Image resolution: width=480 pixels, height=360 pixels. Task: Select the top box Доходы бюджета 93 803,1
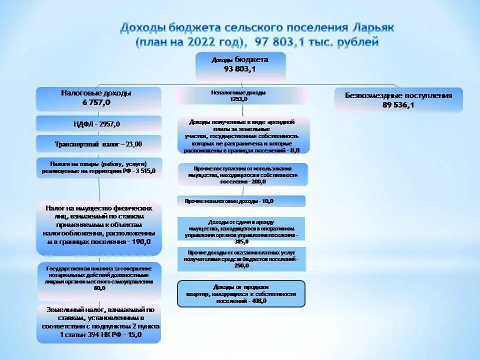pyautogui.click(x=240, y=65)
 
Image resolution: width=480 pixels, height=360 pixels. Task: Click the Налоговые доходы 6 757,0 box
pyautogui.click(x=98, y=98)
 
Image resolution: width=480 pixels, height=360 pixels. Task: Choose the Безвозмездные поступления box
pyautogui.click(x=398, y=100)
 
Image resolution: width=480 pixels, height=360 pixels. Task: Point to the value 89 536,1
pyautogui.click(x=398, y=105)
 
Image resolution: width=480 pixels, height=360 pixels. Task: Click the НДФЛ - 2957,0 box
pyautogui.click(x=98, y=124)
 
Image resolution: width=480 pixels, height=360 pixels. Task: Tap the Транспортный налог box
pyautogui.click(x=98, y=144)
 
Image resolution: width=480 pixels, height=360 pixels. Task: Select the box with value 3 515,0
pyautogui.click(x=98, y=167)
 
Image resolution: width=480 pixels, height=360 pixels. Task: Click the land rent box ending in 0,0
pyautogui.click(x=243, y=135)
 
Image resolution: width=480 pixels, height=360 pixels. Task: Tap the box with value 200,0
pyautogui.click(x=243, y=175)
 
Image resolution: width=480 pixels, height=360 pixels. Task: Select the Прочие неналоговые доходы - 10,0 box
pyautogui.click(x=241, y=201)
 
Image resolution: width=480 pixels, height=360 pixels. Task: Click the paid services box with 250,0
pyautogui.click(x=241, y=259)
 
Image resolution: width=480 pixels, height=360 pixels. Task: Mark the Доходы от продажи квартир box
pyautogui.click(x=241, y=293)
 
